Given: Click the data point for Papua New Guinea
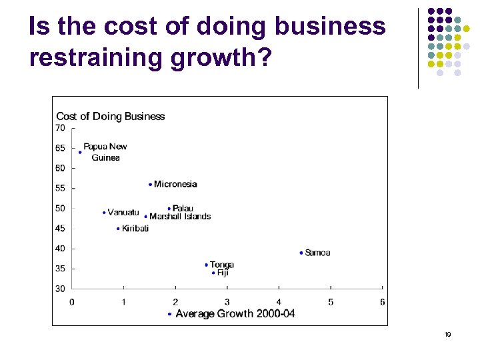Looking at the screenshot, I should tap(80, 153).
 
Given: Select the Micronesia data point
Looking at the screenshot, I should tap(151, 185).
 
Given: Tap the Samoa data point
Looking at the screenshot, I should tap(301, 253).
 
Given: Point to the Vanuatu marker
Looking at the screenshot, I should tap(105, 213).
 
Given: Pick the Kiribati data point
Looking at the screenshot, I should tap(118, 229).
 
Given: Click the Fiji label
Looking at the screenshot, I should tap(223, 273).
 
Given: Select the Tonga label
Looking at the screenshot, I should tap(221, 265).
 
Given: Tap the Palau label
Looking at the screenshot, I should tap(183, 209).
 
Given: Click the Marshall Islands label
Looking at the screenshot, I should tap(180, 217).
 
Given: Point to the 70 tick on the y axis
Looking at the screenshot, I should tap(61, 127).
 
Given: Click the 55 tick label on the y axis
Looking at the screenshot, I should tap(61, 188).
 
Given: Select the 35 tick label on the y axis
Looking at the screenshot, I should tap(61, 269).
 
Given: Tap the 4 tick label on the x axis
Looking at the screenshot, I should tap(279, 302).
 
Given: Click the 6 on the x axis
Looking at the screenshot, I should tap(382, 302).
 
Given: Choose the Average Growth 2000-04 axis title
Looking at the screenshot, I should tap(235, 313).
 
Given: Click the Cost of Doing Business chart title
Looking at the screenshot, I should tap(111, 117).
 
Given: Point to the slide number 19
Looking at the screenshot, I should tap(447, 334).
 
